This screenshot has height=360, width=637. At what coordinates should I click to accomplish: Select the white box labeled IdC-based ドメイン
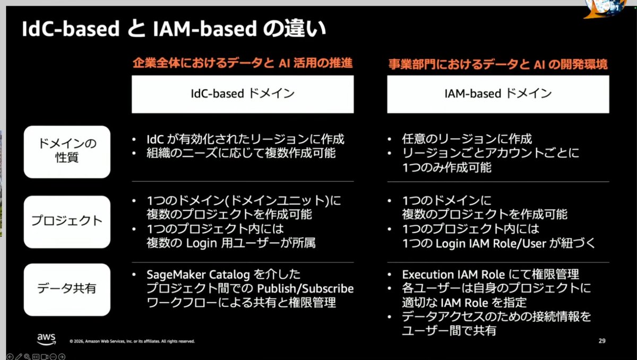[x=243, y=93]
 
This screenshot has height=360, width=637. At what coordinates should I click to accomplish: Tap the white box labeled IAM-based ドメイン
[x=498, y=93]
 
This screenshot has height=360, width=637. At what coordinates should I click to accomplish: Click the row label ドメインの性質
[x=67, y=151]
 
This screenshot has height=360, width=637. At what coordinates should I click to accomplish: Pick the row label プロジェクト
[x=67, y=221]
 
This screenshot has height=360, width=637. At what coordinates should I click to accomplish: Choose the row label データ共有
[x=67, y=289]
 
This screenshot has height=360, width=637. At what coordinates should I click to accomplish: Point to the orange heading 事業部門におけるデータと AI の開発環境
[x=498, y=64]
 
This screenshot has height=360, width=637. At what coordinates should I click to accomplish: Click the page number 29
[x=602, y=341]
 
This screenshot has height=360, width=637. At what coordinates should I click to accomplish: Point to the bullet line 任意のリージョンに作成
[x=467, y=139]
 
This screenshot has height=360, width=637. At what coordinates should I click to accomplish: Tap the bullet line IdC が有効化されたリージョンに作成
[x=245, y=139]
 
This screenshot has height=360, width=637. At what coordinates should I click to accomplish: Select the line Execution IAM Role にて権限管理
[x=490, y=275]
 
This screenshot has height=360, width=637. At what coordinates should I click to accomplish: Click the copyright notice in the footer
[x=132, y=341]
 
